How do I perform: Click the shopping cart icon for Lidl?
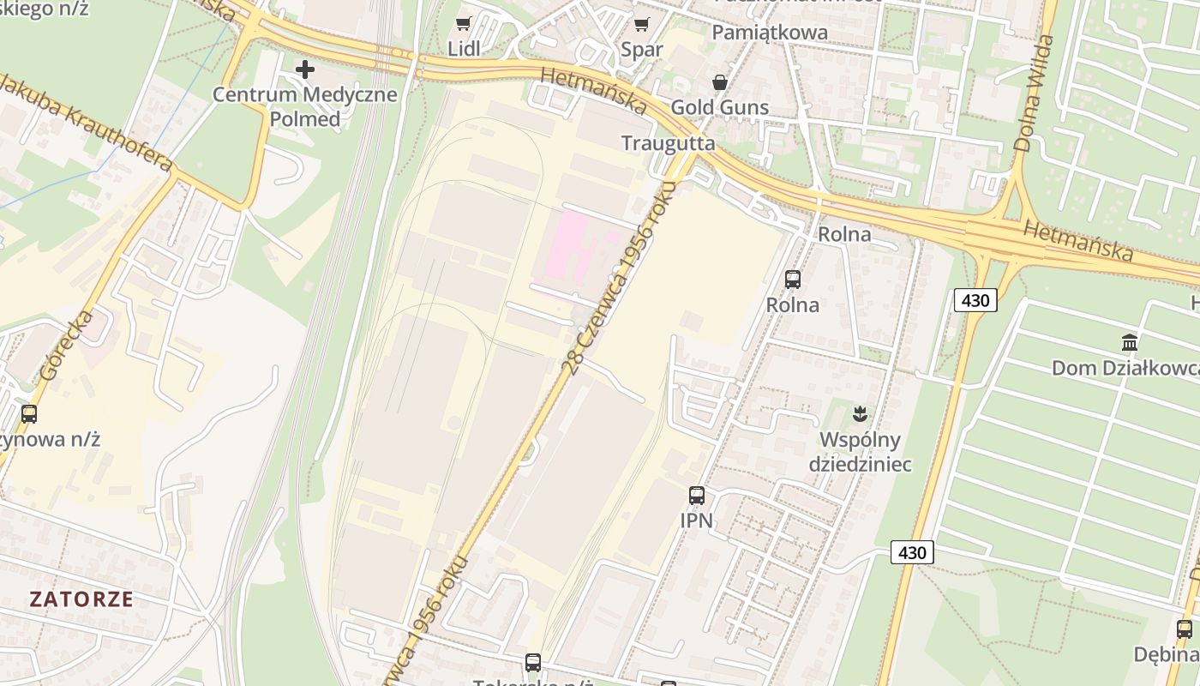(x=464, y=24)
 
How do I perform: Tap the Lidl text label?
(x=464, y=49)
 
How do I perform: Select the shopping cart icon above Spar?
(x=641, y=24)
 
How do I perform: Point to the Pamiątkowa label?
(x=770, y=33)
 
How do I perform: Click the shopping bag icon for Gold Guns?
(x=719, y=82)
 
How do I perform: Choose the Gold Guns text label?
(x=719, y=108)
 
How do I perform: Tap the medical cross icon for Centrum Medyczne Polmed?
(x=304, y=69)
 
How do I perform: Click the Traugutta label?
(x=668, y=142)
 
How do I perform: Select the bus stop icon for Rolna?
(x=792, y=279)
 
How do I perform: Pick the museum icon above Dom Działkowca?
(x=1130, y=343)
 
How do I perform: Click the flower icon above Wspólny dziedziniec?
(x=860, y=415)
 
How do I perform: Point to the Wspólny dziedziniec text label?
(x=860, y=453)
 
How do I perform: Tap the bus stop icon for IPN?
(x=696, y=495)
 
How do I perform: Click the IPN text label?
(x=696, y=520)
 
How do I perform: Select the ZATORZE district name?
(x=81, y=599)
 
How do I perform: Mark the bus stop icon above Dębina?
(x=1185, y=629)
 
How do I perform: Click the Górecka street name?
(x=66, y=346)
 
